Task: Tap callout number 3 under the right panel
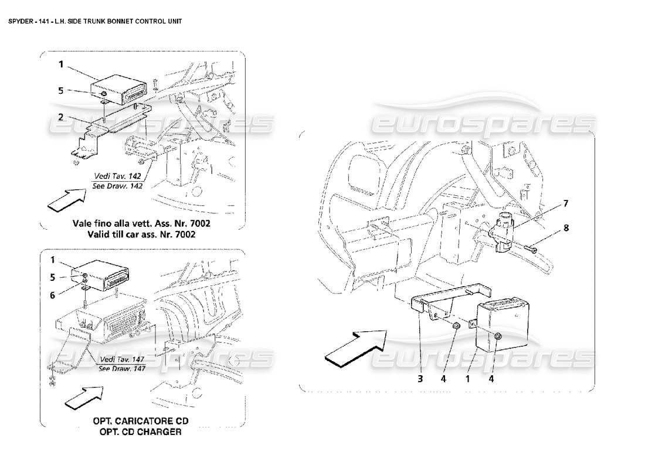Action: [420, 379]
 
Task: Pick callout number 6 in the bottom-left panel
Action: [52, 295]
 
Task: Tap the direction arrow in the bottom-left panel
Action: [83, 397]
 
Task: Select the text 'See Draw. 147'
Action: [122, 368]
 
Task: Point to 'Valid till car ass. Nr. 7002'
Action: [141, 234]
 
